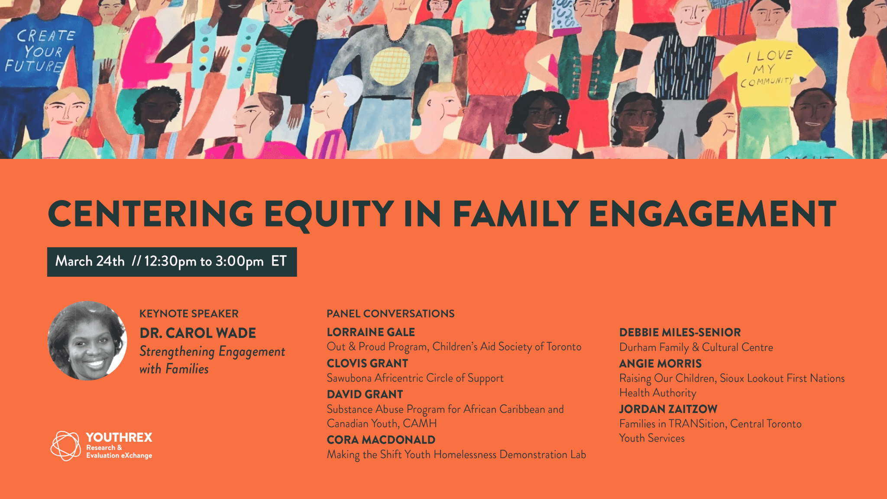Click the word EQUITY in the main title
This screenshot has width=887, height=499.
point(329,214)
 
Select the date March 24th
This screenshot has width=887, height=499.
point(90,261)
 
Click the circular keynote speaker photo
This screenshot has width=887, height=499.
point(87,341)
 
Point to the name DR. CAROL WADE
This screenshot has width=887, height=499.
point(197,333)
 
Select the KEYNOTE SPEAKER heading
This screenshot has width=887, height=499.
point(189,314)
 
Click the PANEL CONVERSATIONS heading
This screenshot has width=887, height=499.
point(391,314)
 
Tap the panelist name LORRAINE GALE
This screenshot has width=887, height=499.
point(371,332)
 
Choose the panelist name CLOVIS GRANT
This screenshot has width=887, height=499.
point(367,363)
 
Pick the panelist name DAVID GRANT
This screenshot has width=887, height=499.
point(365,395)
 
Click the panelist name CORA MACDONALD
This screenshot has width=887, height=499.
point(381,440)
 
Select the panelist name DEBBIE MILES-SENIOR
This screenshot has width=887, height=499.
point(680,333)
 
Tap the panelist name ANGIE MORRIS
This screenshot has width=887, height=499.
point(660,364)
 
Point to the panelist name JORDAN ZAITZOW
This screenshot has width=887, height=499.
point(668,409)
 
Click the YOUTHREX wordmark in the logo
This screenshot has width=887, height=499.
point(119,437)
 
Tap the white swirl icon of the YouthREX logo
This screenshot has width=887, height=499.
point(65,446)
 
